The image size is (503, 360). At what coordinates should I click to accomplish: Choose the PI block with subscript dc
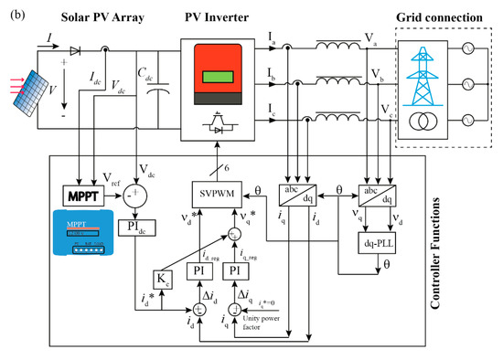138,226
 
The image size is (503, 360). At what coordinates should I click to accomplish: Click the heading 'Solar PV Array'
94,18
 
